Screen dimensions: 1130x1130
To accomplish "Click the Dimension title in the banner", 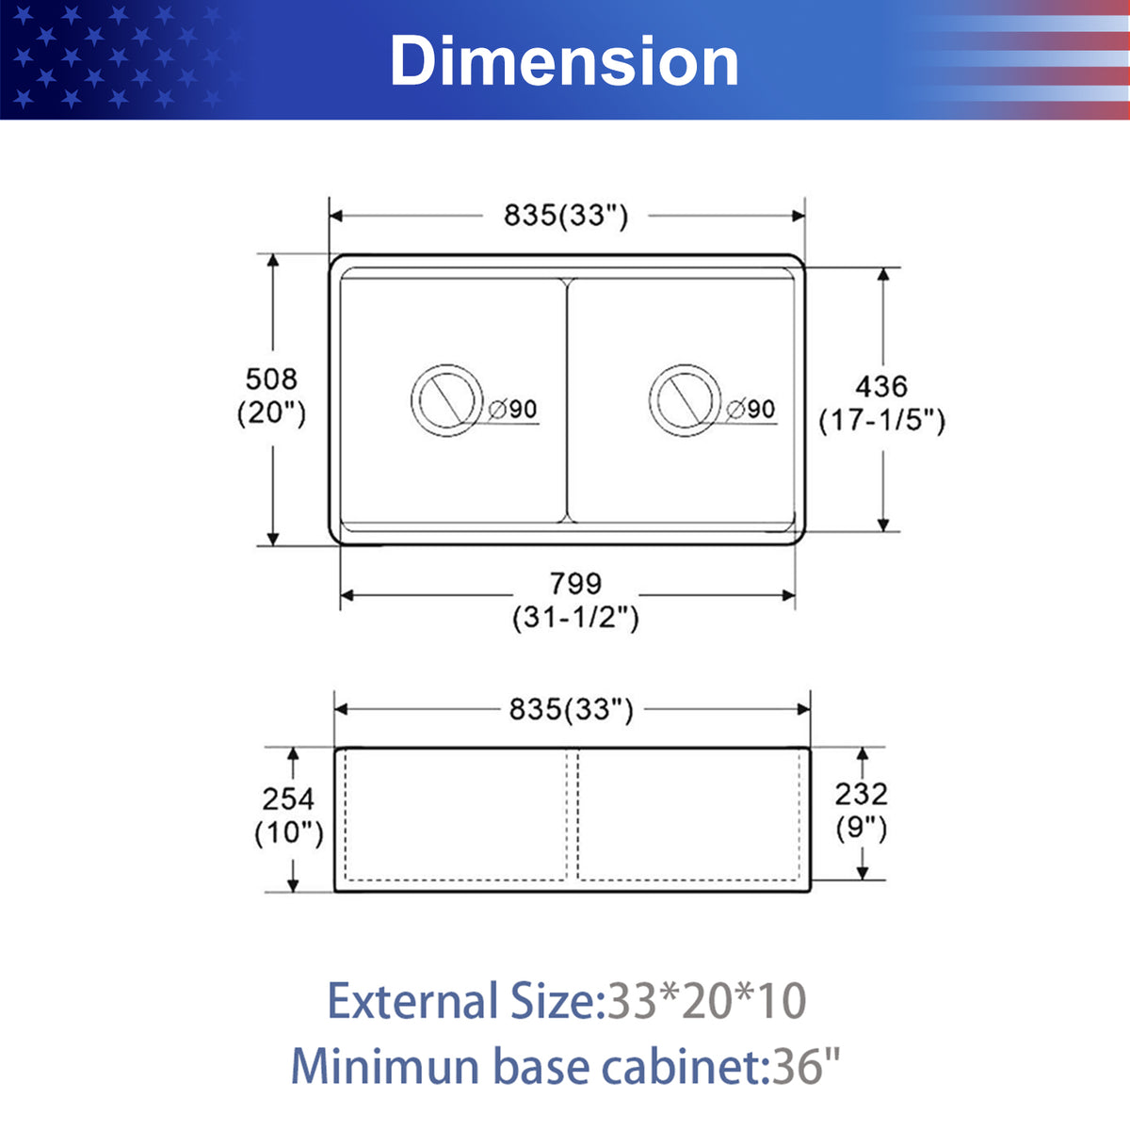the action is point(564,61).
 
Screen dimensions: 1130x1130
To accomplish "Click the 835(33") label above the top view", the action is point(566,216).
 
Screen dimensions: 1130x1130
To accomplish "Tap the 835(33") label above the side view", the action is point(572,710).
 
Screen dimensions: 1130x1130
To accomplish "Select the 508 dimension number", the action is point(271,379).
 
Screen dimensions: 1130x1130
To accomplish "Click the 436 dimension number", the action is point(881,386).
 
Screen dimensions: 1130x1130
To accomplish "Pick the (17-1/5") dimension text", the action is point(882,420).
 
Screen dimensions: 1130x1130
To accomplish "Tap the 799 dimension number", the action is point(576,584).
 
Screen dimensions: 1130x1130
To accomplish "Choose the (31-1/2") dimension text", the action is point(576,618).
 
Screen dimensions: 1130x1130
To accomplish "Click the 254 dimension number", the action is point(288,799).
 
